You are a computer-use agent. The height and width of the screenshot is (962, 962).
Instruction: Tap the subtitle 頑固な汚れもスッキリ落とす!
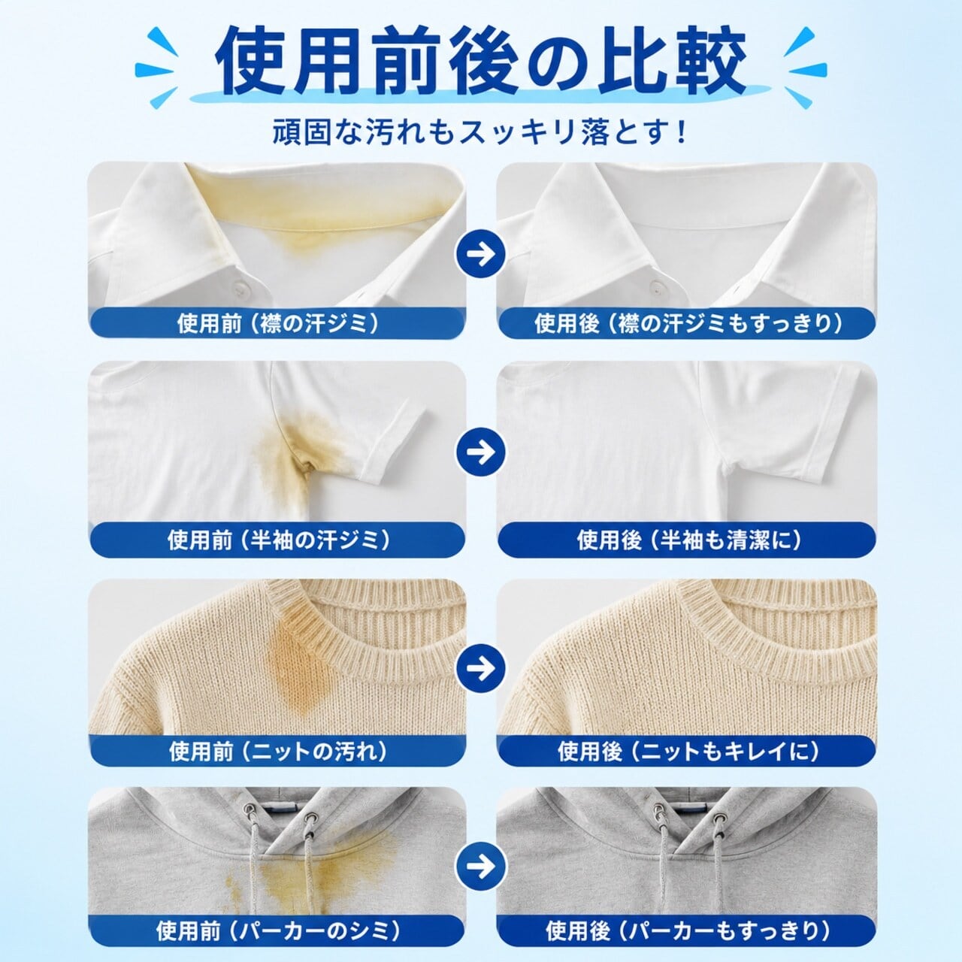point(480,132)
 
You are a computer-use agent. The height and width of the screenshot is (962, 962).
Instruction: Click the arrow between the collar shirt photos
point(481,253)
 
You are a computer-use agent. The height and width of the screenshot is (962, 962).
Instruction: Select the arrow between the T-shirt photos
point(481,452)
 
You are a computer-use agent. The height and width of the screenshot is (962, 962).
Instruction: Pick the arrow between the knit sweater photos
point(481,667)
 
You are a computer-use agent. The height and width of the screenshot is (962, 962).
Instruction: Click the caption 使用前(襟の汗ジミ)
point(278,324)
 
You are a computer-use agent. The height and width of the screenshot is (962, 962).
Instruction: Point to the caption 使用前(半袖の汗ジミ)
point(278,540)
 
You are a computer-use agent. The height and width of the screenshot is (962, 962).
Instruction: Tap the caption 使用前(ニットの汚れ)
point(278,752)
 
